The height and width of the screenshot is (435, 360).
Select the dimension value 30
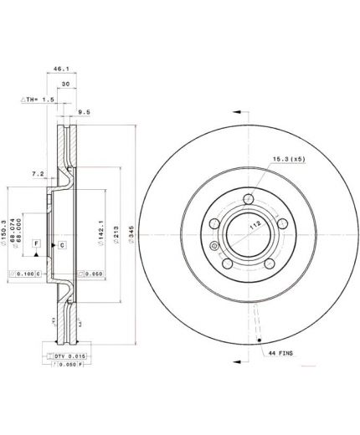point(64,85)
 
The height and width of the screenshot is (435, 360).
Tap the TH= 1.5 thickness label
point(39,100)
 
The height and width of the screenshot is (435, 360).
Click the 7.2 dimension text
point(37,174)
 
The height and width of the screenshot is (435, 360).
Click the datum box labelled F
point(37,243)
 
